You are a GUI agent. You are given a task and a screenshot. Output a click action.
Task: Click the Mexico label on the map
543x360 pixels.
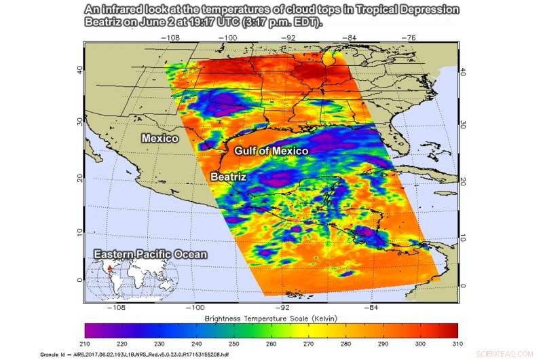(x=160, y=138)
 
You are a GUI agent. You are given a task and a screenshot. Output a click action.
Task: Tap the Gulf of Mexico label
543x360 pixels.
(x=271, y=150)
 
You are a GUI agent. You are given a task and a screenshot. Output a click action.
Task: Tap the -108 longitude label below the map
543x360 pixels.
(x=119, y=307)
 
